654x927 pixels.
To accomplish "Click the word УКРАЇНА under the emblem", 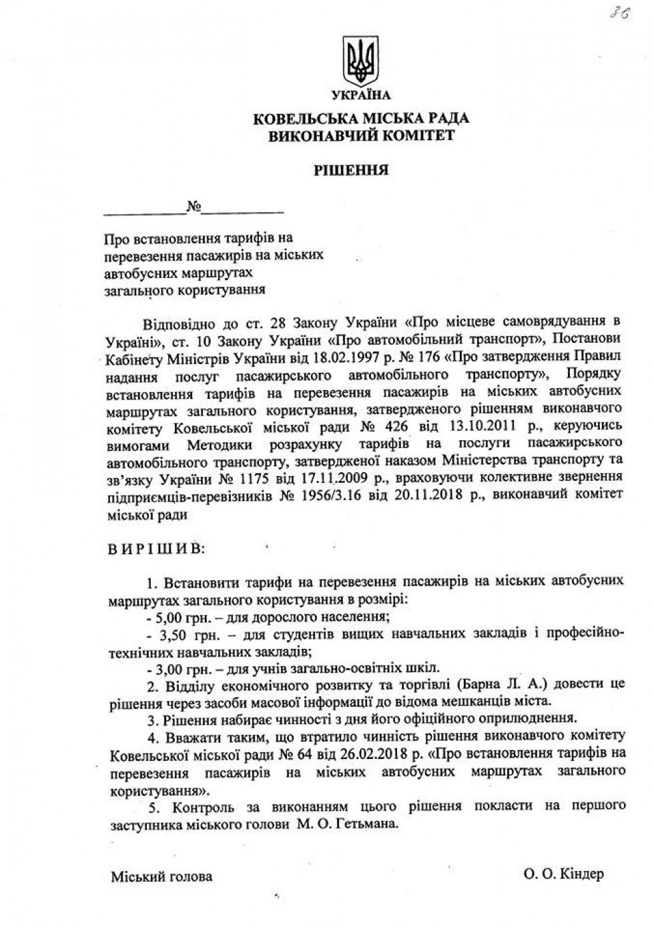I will [x=360, y=95].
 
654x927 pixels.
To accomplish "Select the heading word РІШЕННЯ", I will [x=360, y=170].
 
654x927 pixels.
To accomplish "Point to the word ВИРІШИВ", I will [x=157, y=550].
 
